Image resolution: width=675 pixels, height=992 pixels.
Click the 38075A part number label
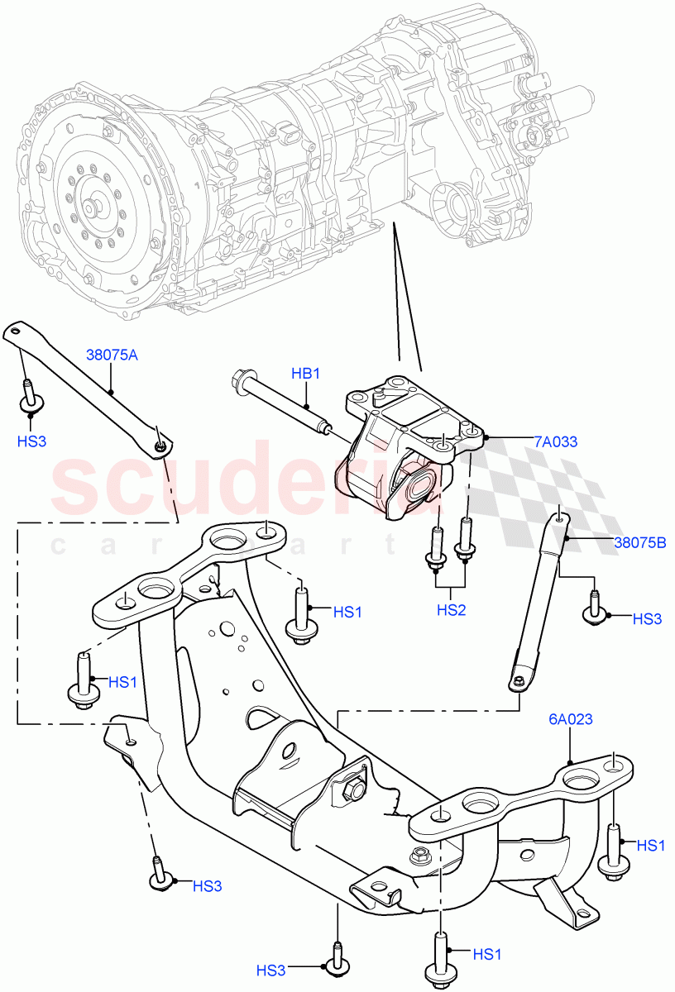(x=112, y=355)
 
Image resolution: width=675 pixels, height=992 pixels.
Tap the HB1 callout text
(x=305, y=374)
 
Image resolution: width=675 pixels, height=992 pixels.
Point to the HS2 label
(x=452, y=610)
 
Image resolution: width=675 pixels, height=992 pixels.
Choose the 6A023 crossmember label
(x=569, y=720)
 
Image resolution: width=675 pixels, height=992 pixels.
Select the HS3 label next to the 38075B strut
(x=647, y=618)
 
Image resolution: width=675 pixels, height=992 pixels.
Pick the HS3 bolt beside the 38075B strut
(x=594, y=610)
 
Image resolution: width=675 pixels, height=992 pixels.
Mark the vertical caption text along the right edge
(x=668, y=496)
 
